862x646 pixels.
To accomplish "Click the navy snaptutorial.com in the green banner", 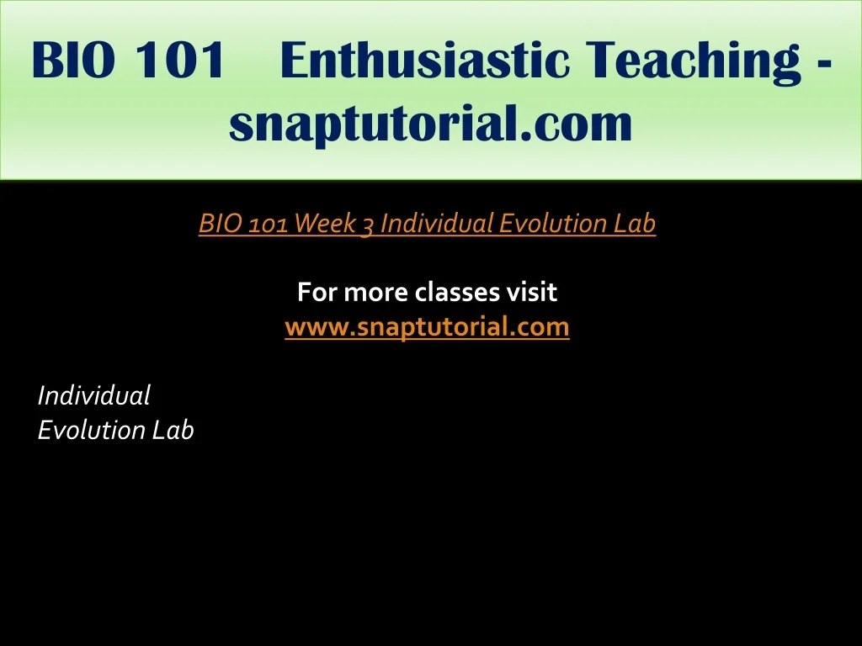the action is pos(430,124).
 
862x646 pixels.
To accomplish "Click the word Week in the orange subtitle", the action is pos(325,223).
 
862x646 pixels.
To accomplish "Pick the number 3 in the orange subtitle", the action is pos(368,225).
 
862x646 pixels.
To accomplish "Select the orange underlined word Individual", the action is pos(437,223).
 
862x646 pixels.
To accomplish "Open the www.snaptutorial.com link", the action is pos(427,327).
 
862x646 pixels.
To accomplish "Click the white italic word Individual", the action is pos(93,395).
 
